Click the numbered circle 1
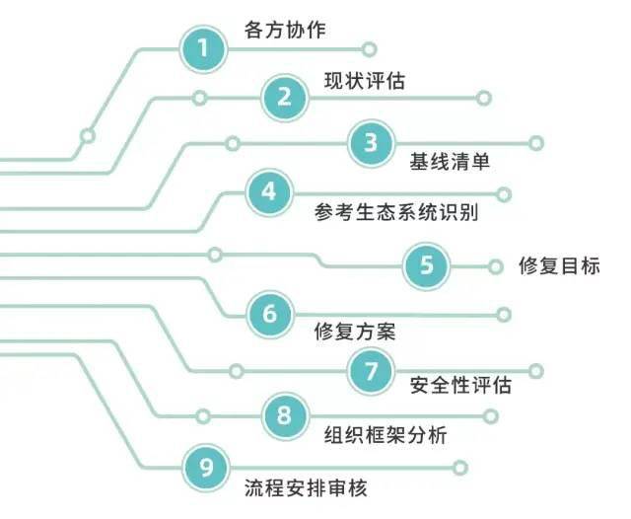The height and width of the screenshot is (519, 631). [x=203, y=48]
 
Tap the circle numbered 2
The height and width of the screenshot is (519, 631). [x=285, y=98]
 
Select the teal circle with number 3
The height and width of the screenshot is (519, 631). [x=372, y=143]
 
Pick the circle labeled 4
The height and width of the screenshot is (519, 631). [x=269, y=192]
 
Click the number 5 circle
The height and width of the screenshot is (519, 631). [x=426, y=265]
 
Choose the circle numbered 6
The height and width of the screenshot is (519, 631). [x=270, y=315]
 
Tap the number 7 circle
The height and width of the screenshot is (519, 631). [x=371, y=371]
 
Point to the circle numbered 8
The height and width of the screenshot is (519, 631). [x=285, y=416]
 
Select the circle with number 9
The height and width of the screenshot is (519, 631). [x=206, y=468]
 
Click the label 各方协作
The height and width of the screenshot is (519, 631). [x=285, y=31]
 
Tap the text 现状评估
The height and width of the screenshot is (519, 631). [x=365, y=81]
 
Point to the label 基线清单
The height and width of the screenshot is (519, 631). [x=450, y=162]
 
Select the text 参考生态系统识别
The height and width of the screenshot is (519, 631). [x=396, y=212]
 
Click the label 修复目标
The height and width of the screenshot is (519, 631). [x=559, y=265]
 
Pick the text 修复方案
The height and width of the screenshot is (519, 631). [x=355, y=332]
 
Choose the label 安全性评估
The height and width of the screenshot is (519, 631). [x=460, y=385]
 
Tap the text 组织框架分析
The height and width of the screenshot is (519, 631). [x=386, y=435]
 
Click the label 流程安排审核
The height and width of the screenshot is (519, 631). [x=306, y=488]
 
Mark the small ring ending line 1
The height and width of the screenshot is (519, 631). [x=369, y=49]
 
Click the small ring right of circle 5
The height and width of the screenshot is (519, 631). [x=495, y=266]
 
